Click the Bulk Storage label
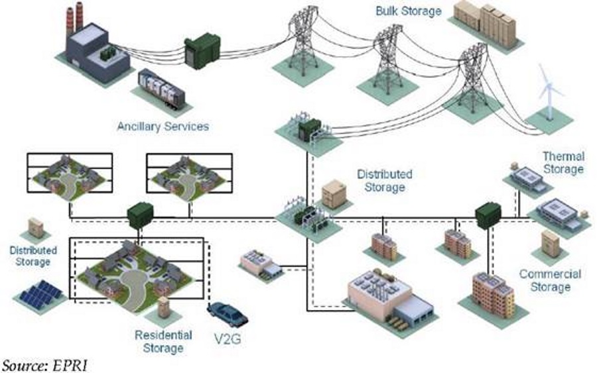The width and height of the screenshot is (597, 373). pos(408,11)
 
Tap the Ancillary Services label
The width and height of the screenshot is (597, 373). pos(163,125)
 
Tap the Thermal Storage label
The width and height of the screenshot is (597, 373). pos(563,163)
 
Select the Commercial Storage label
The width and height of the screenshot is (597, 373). pos(550,280)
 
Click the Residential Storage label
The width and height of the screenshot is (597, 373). pos(163,341)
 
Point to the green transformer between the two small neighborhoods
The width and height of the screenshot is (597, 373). pos(139,214)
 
